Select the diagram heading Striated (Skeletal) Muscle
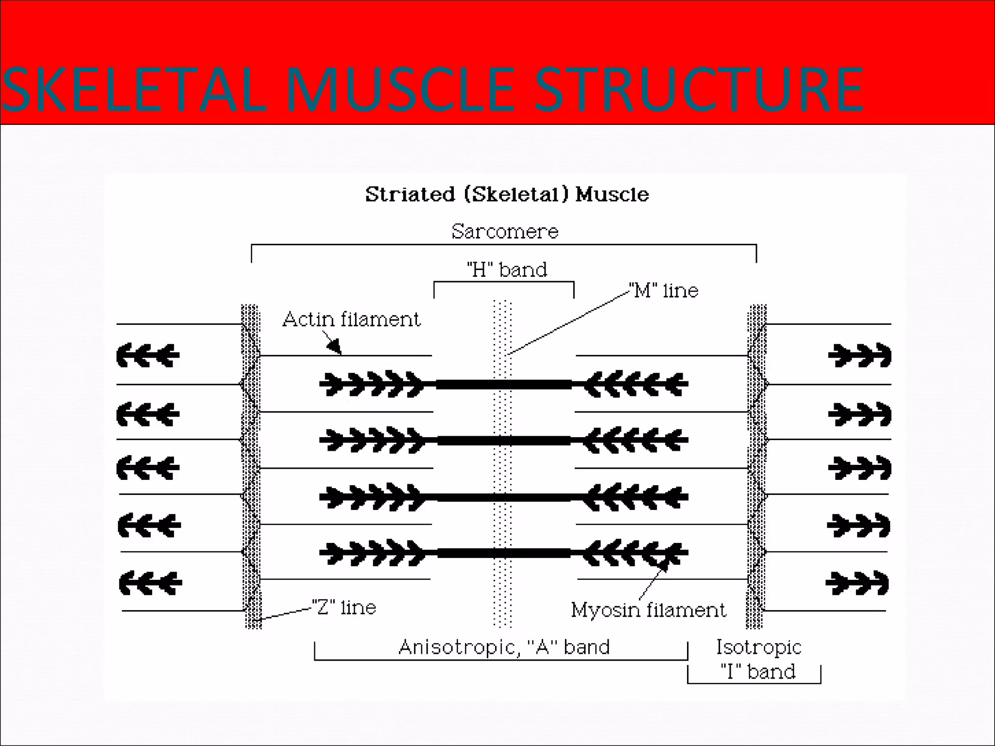coord(507,194)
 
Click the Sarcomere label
coord(505,232)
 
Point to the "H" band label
coord(507,270)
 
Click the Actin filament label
coord(351,320)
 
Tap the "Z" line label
coord(344,608)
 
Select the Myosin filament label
coord(648,610)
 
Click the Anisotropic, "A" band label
coord(504,647)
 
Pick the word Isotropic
coord(758,647)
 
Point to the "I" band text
coord(758,672)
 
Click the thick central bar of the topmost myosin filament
coord(504,385)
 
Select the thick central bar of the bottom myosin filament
coord(504,553)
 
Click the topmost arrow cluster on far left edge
coord(148,355)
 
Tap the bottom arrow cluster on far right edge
coord(858,583)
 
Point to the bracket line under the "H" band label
coord(504,282)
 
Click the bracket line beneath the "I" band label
coord(754,683)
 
